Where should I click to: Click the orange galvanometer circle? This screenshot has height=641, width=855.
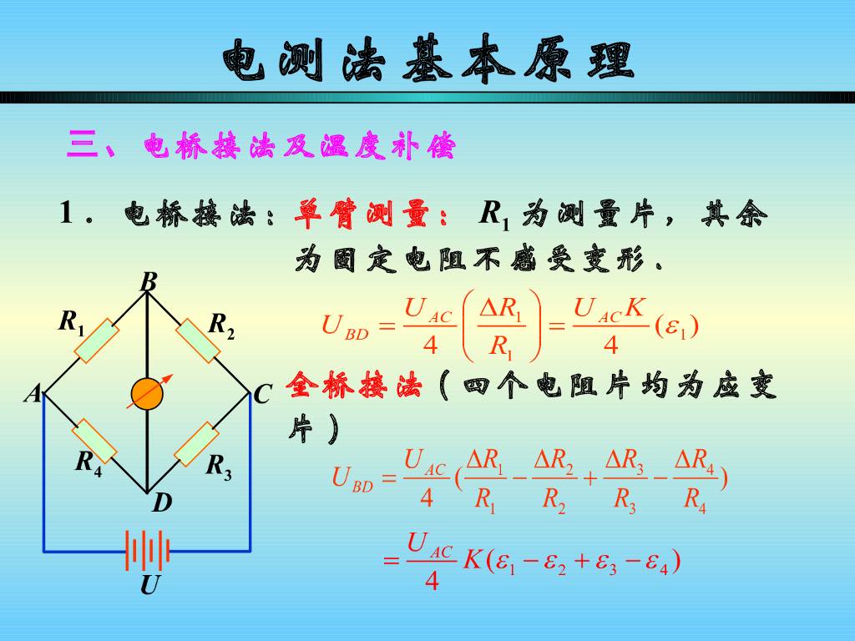tap(147, 394)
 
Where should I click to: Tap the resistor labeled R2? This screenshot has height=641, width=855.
tap(198, 341)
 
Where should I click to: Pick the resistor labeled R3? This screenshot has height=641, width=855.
tap(198, 445)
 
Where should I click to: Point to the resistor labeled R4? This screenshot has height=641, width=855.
tap(94, 442)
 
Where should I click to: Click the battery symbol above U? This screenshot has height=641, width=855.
tap(149, 550)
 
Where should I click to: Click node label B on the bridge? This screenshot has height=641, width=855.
tap(149, 282)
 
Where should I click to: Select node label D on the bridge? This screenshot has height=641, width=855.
tap(161, 502)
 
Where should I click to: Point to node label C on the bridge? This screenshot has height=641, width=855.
tap(262, 394)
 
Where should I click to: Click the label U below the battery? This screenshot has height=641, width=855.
tap(149, 586)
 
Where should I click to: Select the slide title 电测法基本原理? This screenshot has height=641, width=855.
tap(427, 60)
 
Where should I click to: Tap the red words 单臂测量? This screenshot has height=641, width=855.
tap(372, 215)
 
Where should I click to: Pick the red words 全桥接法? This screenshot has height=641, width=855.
tap(354, 386)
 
